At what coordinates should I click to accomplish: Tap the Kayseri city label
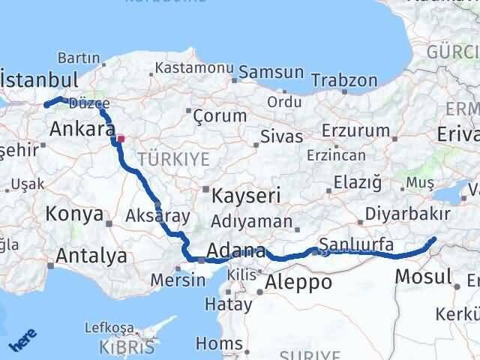(x=245, y=196)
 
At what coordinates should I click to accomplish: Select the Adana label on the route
(x=235, y=251)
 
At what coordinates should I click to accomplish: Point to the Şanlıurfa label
(x=356, y=244)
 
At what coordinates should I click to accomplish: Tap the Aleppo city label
(x=298, y=282)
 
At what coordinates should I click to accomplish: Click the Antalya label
(x=91, y=256)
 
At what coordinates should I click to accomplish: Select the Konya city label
(x=74, y=214)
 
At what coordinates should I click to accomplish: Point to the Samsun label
(x=269, y=73)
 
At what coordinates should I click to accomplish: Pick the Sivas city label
(x=281, y=137)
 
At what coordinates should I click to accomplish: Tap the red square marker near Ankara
(x=121, y=139)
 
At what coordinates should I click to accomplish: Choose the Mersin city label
(x=178, y=280)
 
